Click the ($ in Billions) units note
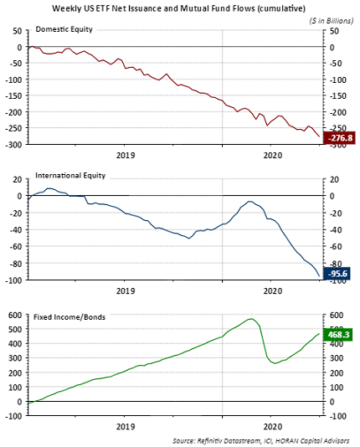tap(332, 19)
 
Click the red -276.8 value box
tap(339, 138)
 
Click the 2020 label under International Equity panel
tap(272, 291)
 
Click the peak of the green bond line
tap(250, 319)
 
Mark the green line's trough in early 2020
tap(273, 362)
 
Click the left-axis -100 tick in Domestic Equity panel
tap(14, 80)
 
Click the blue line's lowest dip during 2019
tap(190, 238)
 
